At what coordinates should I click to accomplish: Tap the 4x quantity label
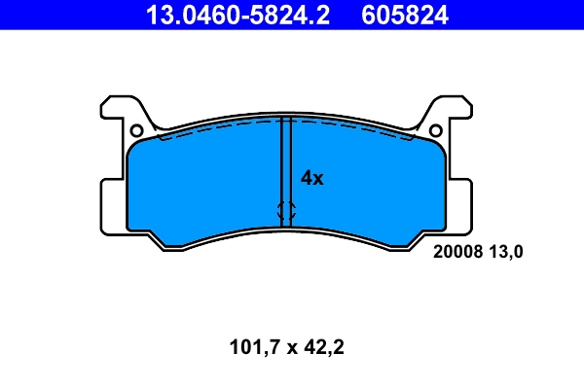click(x=311, y=178)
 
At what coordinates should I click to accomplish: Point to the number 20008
click(x=455, y=251)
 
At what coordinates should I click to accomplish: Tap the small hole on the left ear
click(x=136, y=130)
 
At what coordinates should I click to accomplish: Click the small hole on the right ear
click(x=437, y=130)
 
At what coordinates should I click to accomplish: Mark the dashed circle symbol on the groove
click(x=286, y=209)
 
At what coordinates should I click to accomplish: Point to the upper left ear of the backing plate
click(x=117, y=109)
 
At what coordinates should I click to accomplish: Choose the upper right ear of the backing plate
click(x=456, y=109)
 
